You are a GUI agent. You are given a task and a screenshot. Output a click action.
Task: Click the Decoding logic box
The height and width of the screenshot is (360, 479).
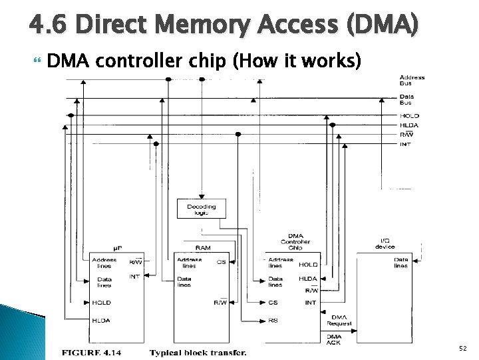pyautogui.click(x=201, y=209)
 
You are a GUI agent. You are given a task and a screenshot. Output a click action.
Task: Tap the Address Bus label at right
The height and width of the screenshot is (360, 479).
pyautogui.click(x=412, y=81)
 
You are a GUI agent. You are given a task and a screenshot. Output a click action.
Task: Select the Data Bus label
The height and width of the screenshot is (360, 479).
pyautogui.click(x=406, y=99)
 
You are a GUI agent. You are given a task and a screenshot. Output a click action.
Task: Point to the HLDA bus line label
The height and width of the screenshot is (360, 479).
pyautogui.click(x=409, y=125)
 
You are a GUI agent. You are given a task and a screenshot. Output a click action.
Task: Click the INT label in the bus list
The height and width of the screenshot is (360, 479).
pyautogui.click(x=405, y=144)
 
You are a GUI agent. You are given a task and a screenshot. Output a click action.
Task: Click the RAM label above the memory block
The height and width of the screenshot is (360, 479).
pyautogui.click(x=203, y=247)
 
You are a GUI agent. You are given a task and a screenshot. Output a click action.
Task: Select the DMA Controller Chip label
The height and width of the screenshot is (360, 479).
pyautogui.click(x=295, y=241)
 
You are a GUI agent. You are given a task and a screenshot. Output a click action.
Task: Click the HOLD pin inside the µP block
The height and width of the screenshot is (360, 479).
pyautogui.click(x=102, y=302)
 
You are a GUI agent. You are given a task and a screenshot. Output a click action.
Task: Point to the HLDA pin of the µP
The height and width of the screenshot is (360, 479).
pyautogui.click(x=101, y=321)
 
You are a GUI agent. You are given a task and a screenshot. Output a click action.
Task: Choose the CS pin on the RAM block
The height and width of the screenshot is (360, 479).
pyautogui.click(x=221, y=262)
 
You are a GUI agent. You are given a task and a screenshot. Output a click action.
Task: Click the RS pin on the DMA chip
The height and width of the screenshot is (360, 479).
pyautogui.click(x=273, y=321)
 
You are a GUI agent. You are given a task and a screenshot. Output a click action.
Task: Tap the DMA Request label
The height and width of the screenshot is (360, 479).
pyautogui.click(x=339, y=321)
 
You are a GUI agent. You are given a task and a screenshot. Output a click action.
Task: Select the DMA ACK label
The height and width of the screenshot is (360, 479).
pyautogui.click(x=334, y=339)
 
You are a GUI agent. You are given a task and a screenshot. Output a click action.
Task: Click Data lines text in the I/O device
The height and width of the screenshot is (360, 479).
pyautogui.click(x=400, y=263)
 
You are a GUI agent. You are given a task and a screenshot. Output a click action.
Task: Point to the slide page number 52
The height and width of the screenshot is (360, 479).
pyautogui.click(x=463, y=349)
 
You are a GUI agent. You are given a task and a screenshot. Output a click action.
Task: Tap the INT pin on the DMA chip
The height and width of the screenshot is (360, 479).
pyautogui.click(x=310, y=302)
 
